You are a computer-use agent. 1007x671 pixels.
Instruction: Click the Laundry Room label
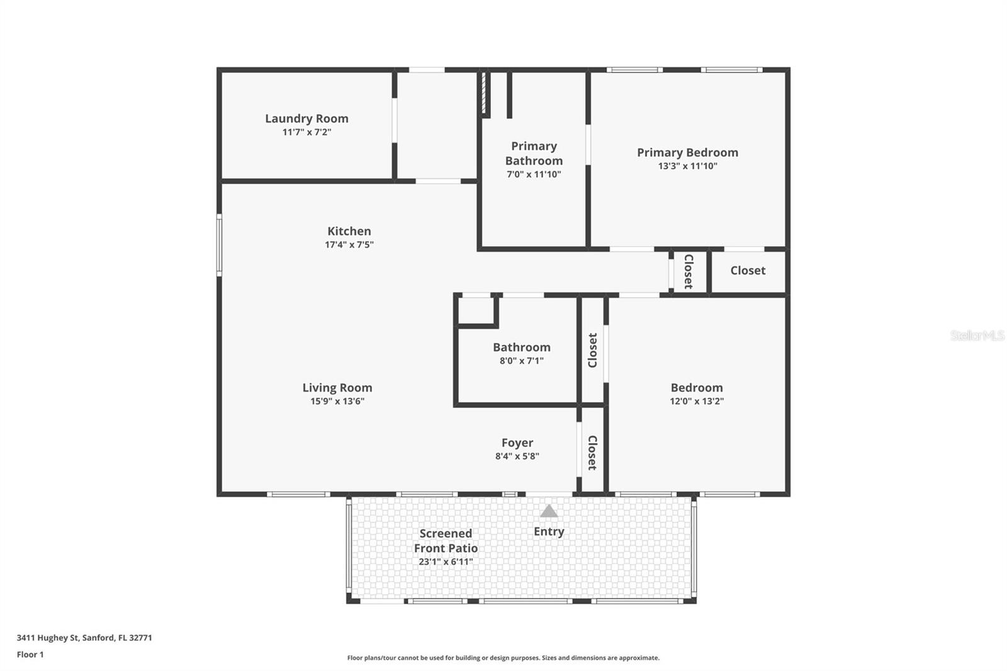(x=307, y=118)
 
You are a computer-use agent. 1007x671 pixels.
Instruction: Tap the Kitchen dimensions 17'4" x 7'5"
(x=349, y=245)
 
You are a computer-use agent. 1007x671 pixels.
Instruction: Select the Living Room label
(x=337, y=388)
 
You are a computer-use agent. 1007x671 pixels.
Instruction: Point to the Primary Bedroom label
(x=687, y=152)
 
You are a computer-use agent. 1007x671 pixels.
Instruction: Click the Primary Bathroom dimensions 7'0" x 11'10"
(x=534, y=174)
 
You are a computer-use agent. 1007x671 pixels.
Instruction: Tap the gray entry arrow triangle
(x=549, y=511)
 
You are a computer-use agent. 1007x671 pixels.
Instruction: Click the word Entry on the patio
(x=549, y=531)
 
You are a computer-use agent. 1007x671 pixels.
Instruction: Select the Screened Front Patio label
(x=446, y=541)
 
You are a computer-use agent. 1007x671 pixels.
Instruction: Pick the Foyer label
(x=517, y=443)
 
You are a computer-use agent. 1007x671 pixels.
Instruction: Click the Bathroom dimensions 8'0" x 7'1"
(x=522, y=361)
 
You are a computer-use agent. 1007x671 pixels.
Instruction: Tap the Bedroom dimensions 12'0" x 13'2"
(x=697, y=401)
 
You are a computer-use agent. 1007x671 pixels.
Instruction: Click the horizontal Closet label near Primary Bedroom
(x=748, y=270)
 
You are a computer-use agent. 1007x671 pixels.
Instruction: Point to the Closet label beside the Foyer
(x=592, y=453)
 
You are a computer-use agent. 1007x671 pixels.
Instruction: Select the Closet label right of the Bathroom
(x=592, y=350)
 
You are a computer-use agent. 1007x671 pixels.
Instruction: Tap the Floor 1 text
(x=30, y=655)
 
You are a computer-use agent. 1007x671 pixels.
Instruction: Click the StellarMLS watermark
(x=977, y=335)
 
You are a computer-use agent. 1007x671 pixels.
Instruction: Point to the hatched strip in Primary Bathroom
(x=484, y=93)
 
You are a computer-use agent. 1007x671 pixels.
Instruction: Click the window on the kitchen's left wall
(x=219, y=245)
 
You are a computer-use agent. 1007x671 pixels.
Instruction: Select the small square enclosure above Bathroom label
(x=476, y=310)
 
